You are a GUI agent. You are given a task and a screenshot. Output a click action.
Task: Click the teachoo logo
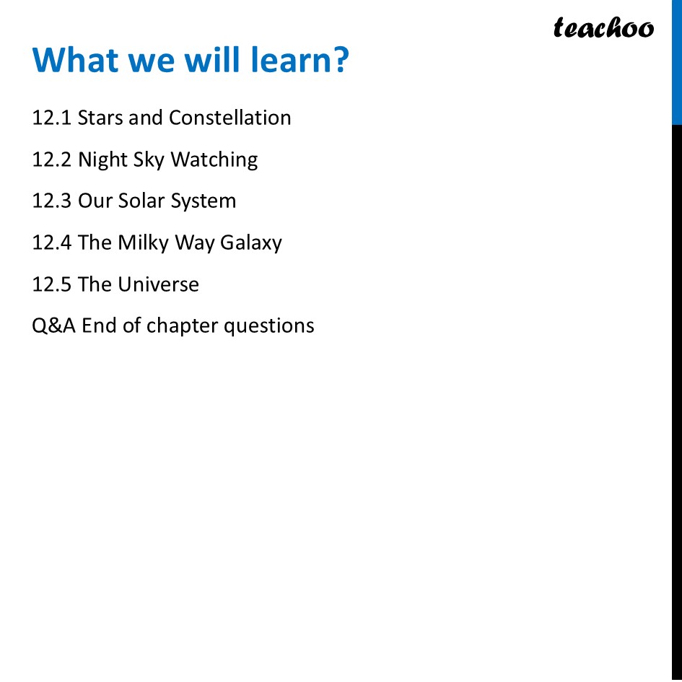tap(603, 28)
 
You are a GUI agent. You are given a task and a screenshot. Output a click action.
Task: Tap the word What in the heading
tap(76, 60)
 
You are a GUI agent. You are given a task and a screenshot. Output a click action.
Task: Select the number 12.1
tap(51, 118)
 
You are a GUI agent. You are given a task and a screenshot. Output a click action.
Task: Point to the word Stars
tap(100, 118)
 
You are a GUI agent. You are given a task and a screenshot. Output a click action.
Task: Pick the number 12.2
tap(51, 159)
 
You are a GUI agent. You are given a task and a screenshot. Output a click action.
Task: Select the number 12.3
tap(51, 201)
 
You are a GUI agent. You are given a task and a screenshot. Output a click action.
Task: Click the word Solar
tap(143, 201)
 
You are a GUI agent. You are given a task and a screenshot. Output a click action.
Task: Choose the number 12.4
tap(51, 242)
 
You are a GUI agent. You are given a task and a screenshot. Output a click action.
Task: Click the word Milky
tap(143, 242)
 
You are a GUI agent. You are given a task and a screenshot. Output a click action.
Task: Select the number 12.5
tap(51, 284)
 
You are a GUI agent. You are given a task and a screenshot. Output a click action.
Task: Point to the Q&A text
tap(53, 326)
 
